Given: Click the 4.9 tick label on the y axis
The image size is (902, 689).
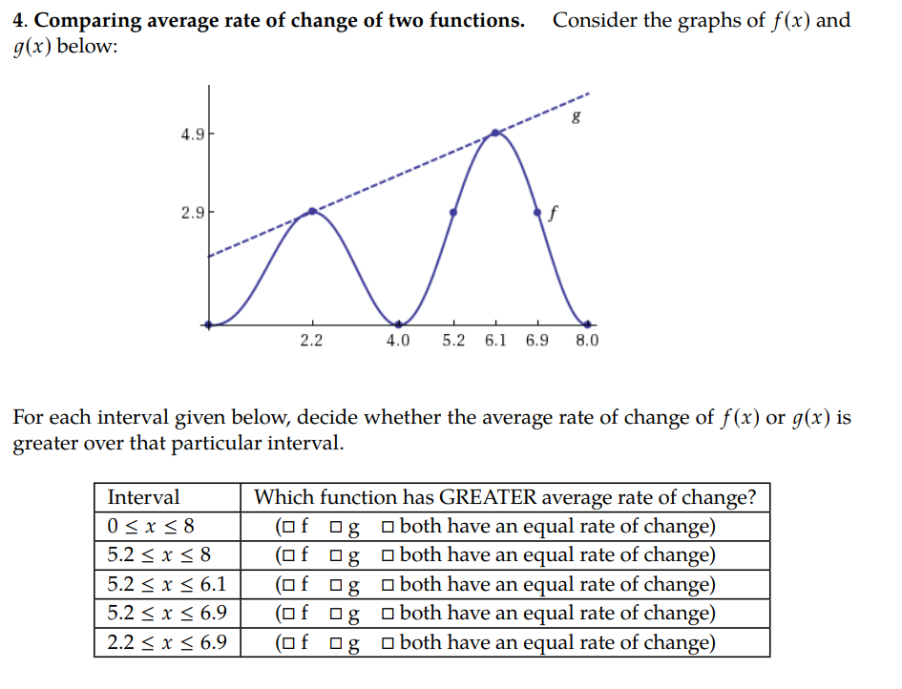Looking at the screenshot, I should point(191,134).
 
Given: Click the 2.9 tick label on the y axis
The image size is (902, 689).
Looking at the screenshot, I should point(191,211).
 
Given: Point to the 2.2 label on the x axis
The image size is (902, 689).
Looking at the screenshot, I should point(311,341).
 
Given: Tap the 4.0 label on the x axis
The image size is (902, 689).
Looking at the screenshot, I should point(397,341).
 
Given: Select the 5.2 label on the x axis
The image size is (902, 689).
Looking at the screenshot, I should point(453,341).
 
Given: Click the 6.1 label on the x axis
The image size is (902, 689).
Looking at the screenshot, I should point(495,341).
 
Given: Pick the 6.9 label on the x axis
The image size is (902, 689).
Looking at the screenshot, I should point(537,341).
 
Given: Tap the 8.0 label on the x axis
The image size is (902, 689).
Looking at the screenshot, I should point(587,341).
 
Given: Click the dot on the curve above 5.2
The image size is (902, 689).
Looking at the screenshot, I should point(453,212).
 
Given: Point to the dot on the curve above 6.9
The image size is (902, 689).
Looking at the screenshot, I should point(537,212).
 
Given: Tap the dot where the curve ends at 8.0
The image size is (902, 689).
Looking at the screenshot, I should point(587,324).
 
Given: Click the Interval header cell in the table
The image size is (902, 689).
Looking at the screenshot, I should point(143,497).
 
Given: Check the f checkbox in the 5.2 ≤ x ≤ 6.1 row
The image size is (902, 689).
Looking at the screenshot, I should point(284,585).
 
